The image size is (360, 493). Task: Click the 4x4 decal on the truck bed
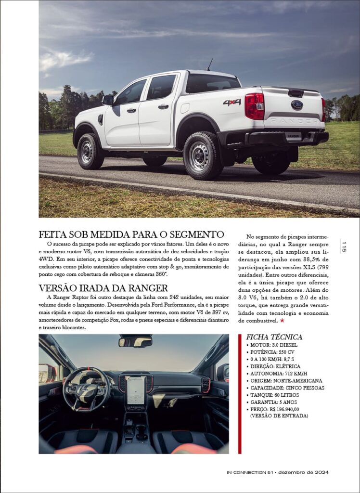coord(232,103)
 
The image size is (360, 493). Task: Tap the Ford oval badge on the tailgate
coord(297,104)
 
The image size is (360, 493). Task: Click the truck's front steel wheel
coord(90,152)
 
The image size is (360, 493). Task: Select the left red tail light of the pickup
coord(254,106)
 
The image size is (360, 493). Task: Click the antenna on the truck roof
coord(209,65)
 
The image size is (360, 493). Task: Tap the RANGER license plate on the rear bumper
coord(293,136)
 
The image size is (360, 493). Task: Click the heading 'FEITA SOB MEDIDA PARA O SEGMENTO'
coord(131,235)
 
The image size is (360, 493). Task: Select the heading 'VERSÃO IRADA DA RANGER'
coord(103,288)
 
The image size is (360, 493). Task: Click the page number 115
coord(344,247)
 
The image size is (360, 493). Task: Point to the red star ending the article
coord(282,320)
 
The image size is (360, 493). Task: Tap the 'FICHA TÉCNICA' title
coord(274,337)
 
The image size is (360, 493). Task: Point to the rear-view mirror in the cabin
coord(135,341)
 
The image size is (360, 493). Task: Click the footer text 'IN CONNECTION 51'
coord(250,472)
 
